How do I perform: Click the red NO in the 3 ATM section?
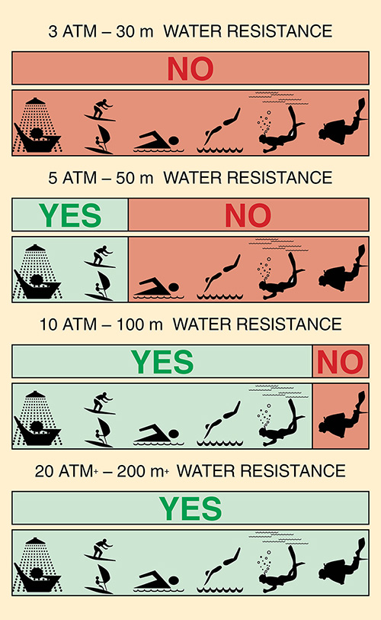tap(190, 69)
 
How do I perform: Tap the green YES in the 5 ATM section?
tap(70, 215)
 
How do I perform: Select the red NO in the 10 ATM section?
tap(340, 362)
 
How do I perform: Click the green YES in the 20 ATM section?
tap(190, 509)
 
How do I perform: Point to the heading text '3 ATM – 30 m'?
tap(101, 31)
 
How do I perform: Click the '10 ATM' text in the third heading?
tap(69, 325)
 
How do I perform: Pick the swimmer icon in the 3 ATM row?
tap(158, 142)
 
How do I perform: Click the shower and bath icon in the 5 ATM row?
tap(37, 272)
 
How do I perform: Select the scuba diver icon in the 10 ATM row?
tap(343, 415)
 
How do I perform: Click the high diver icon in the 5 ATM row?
tap(219, 276)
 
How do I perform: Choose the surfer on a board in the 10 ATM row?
tap(99, 403)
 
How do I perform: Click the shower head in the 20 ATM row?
tap(36, 541)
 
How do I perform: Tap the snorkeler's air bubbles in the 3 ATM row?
tap(264, 123)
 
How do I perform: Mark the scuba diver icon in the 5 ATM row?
tap(343, 268)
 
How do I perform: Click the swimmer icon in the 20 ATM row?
tap(158, 581)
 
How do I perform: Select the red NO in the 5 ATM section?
tap(248, 215)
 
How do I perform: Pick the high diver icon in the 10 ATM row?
tap(219, 423)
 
